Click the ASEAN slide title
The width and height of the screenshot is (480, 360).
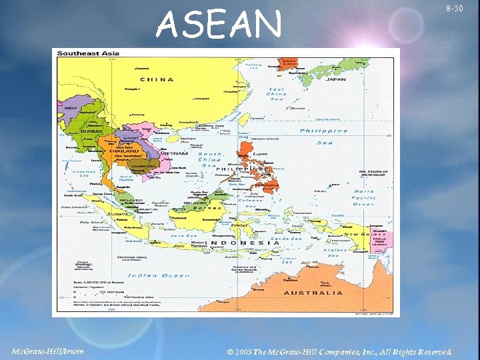219,25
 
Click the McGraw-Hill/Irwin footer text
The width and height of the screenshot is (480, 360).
48,351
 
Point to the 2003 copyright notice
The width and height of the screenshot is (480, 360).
339,351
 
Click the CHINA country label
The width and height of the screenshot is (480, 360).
156,79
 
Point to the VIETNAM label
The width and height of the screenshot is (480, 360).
175,153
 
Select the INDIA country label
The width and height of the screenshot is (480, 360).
71,108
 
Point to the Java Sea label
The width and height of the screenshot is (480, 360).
181,235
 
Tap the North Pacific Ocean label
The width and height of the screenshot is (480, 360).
363,197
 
